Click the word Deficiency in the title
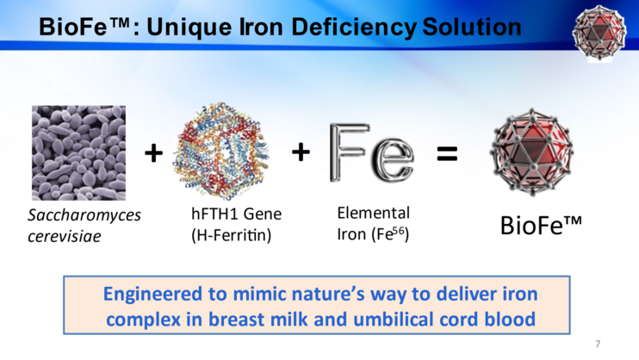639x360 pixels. (x=354, y=28)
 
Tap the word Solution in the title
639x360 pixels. (x=472, y=27)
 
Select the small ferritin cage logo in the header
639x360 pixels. (x=599, y=33)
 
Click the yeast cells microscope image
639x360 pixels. (x=78, y=153)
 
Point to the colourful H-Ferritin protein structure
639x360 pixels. (x=222, y=151)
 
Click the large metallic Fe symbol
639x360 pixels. (x=371, y=153)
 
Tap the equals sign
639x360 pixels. (x=447, y=153)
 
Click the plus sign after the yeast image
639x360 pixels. (x=153, y=153)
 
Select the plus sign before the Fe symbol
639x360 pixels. (x=301, y=152)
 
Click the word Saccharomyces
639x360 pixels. (x=84, y=215)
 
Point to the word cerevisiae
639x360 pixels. (x=65, y=236)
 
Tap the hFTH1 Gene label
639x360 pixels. (x=236, y=214)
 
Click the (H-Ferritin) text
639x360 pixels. (x=231, y=235)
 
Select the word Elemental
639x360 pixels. (x=373, y=214)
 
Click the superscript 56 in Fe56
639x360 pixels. (x=399, y=231)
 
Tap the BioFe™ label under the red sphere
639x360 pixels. (x=541, y=225)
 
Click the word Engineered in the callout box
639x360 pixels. (x=152, y=295)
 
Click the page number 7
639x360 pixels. (x=598, y=344)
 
